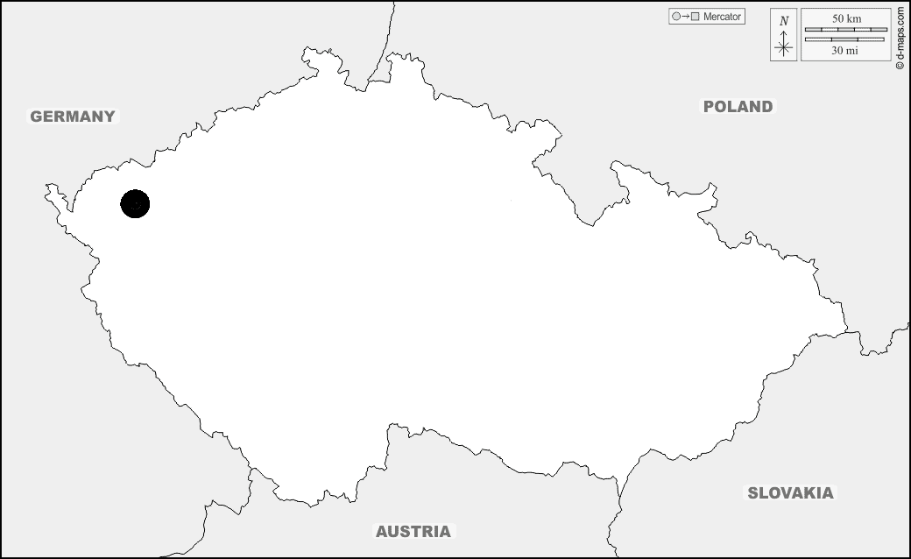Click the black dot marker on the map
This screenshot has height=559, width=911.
(x=135, y=204)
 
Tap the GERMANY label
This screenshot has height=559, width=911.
(x=73, y=117)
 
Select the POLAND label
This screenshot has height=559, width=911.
(x=738, y=107)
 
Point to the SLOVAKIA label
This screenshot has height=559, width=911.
(x=790, y=492)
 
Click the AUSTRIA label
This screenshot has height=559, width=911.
(x=413, y=531)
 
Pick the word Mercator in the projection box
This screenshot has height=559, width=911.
(x=722, y=17)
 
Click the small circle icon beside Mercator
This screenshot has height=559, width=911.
(x=675, y=17)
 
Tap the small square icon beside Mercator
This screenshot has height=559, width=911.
(x=695, y=17)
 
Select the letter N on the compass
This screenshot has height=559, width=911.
(x=784, y=20)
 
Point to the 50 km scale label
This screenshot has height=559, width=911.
(x=845, y=18)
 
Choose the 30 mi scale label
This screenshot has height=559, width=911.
(x=845, y=52)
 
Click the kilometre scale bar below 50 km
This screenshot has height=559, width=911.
(x=845, y=29)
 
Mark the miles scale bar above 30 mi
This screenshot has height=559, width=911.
(x=845, y=39)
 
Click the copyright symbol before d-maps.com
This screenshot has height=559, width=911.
(x=900, y=65)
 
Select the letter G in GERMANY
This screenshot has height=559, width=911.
(x=36, y=117)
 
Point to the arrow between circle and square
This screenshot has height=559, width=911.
(x=685, y=17)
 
